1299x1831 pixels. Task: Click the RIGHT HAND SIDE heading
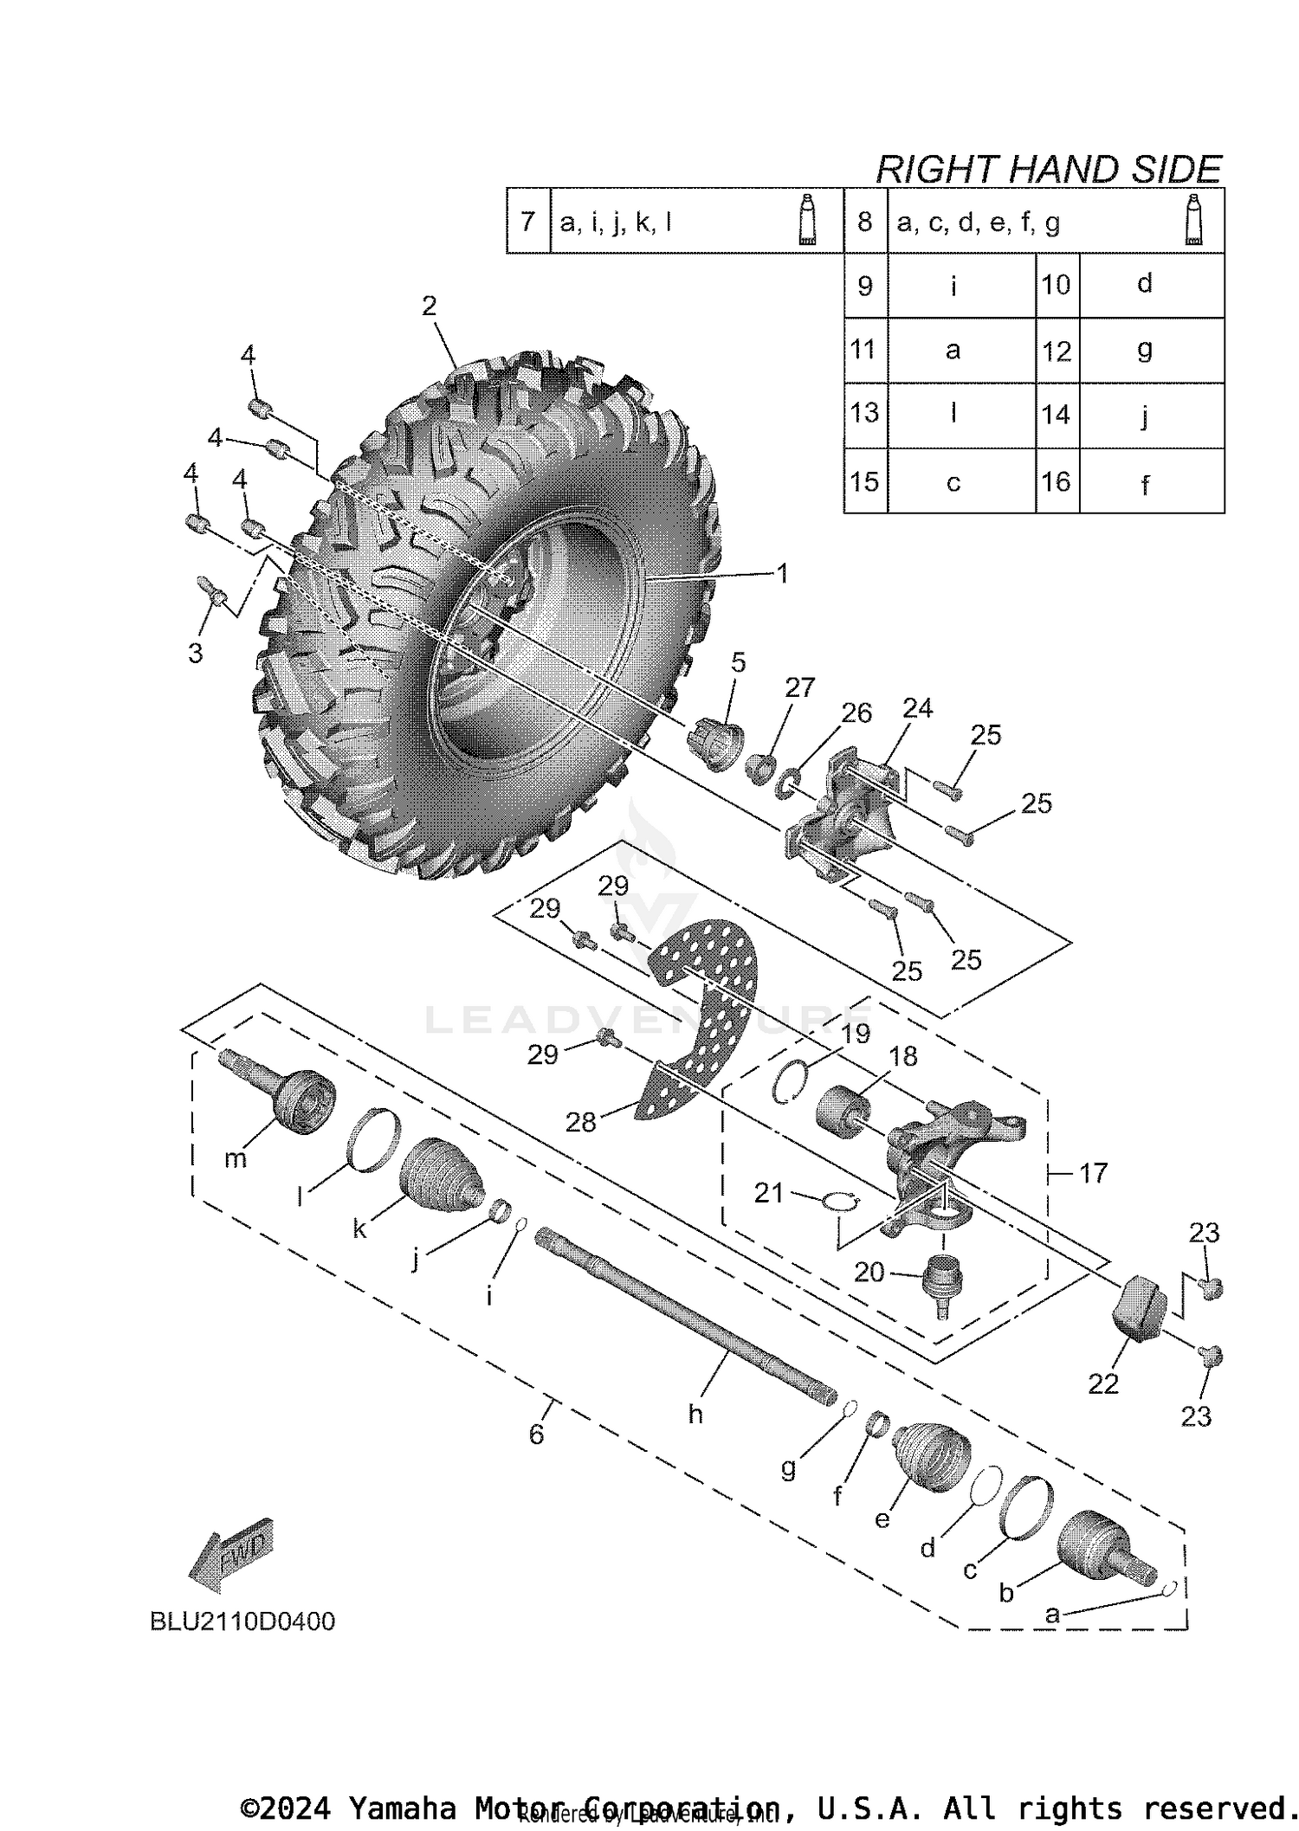(x=1048, y=169)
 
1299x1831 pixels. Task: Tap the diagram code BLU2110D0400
(x=242, y=1621)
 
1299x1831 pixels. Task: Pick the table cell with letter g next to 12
(x=1145, y=351)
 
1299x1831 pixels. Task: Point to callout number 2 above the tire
(x=430, y=306)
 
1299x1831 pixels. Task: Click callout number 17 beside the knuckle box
(x=1093, y=1173)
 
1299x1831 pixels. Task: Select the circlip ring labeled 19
(x=794, y=1081)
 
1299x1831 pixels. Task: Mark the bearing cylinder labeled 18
(x=842, y=1109)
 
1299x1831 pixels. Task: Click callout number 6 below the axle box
(x=536, y=1434)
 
